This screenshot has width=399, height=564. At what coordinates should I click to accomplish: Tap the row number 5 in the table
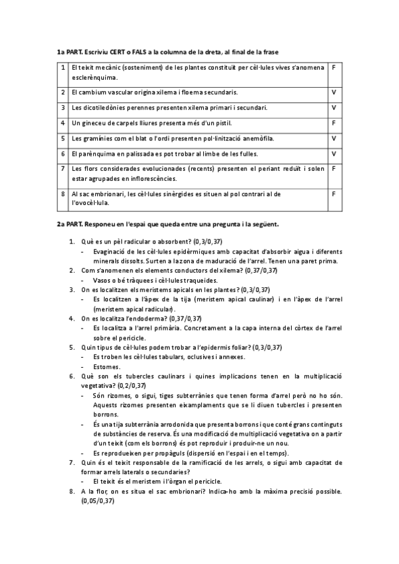pos(63,138)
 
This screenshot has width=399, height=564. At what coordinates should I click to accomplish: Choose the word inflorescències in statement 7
pos(154,178)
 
